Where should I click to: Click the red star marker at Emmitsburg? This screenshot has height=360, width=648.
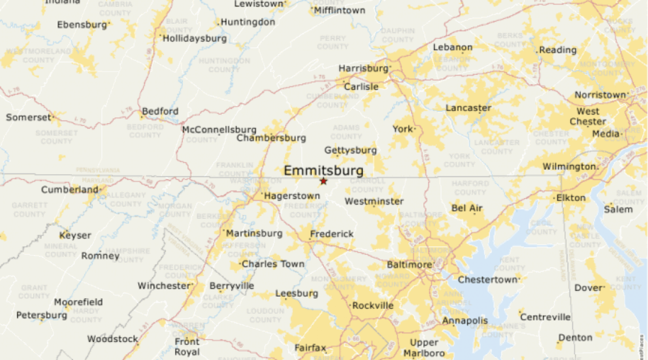tap(323, 181)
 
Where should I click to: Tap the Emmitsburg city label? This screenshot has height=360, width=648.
tap(323, 171)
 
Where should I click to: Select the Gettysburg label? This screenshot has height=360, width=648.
tap(351, 150)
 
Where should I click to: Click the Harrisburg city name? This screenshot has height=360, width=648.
tap(363, 68)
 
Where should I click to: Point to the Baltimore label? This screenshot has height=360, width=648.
tap(409, 264)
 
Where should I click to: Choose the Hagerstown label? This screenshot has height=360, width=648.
tap(292, 196)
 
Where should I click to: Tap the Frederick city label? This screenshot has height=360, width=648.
tap(332, 234)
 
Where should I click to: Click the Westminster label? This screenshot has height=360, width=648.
tap(374, 201)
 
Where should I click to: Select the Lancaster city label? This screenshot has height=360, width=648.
tap(468, 108)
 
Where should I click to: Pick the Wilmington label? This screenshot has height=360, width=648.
tap(569, 166)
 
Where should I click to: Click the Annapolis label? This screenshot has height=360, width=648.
tap(465, 320)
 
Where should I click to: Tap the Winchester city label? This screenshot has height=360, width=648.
tap(164, 286)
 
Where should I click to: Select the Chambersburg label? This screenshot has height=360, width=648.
tap(271, 138)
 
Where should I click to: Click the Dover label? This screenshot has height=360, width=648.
tap(588, 288)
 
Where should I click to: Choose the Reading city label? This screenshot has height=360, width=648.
tap(558, 50)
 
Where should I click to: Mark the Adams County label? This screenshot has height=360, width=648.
tap(346, 132)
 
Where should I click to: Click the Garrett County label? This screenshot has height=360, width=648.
tap(30, 210)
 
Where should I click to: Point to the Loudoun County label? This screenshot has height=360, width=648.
tap(266, 315)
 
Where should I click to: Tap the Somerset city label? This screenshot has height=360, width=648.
tap(29, 117)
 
